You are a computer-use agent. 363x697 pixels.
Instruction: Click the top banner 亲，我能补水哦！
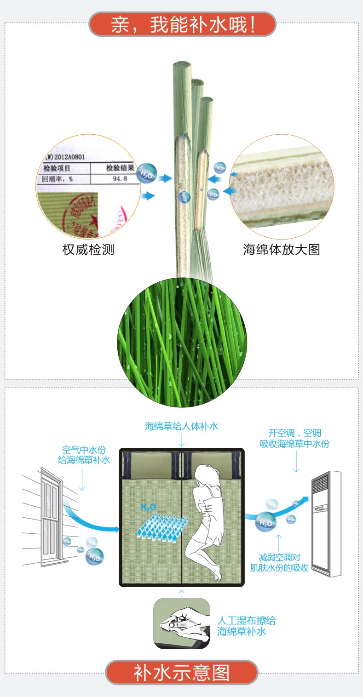pyautogui.click(x=182, y=24)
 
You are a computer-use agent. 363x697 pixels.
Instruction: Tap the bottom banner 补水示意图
pyautogui.click(x=182, y=672)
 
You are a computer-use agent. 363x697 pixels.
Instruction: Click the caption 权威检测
pyautogui.click(x=88, y=250)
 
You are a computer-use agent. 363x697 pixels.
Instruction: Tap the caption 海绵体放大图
pyautogui.click(x=281, y=250)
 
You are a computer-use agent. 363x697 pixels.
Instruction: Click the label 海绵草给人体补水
pyautogui.click(x=182, y=426)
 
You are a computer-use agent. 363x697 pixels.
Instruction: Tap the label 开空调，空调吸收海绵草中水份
pyautogui.click(x=294, y=438)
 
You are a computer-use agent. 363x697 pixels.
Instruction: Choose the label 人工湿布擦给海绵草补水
pyautogui.click(x=247, y=626)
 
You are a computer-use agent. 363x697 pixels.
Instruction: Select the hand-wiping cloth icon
pyautogui.click(x=182, y=623)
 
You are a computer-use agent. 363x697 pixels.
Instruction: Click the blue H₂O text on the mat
pyautogui.click(x=148, y=507)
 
